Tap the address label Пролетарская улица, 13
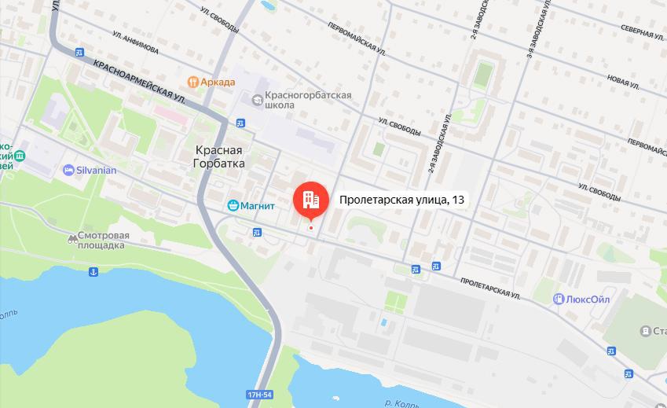pyautogui.click(x=401, y=200)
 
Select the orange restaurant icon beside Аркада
pyautogui.click(x=192, y=81)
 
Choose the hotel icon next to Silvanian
pyautogui.click(x=68, y=170)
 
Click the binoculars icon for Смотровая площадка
pyautogui.click(x=74, y=236)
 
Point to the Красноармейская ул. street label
pyautogui.click(x=137, y=80)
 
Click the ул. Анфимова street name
pyautogui.click(x=135, y=44)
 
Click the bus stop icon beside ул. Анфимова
pyautogui.click(x=79, y=53)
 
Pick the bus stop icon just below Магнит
pyautogui.click(x=257, y=232)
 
